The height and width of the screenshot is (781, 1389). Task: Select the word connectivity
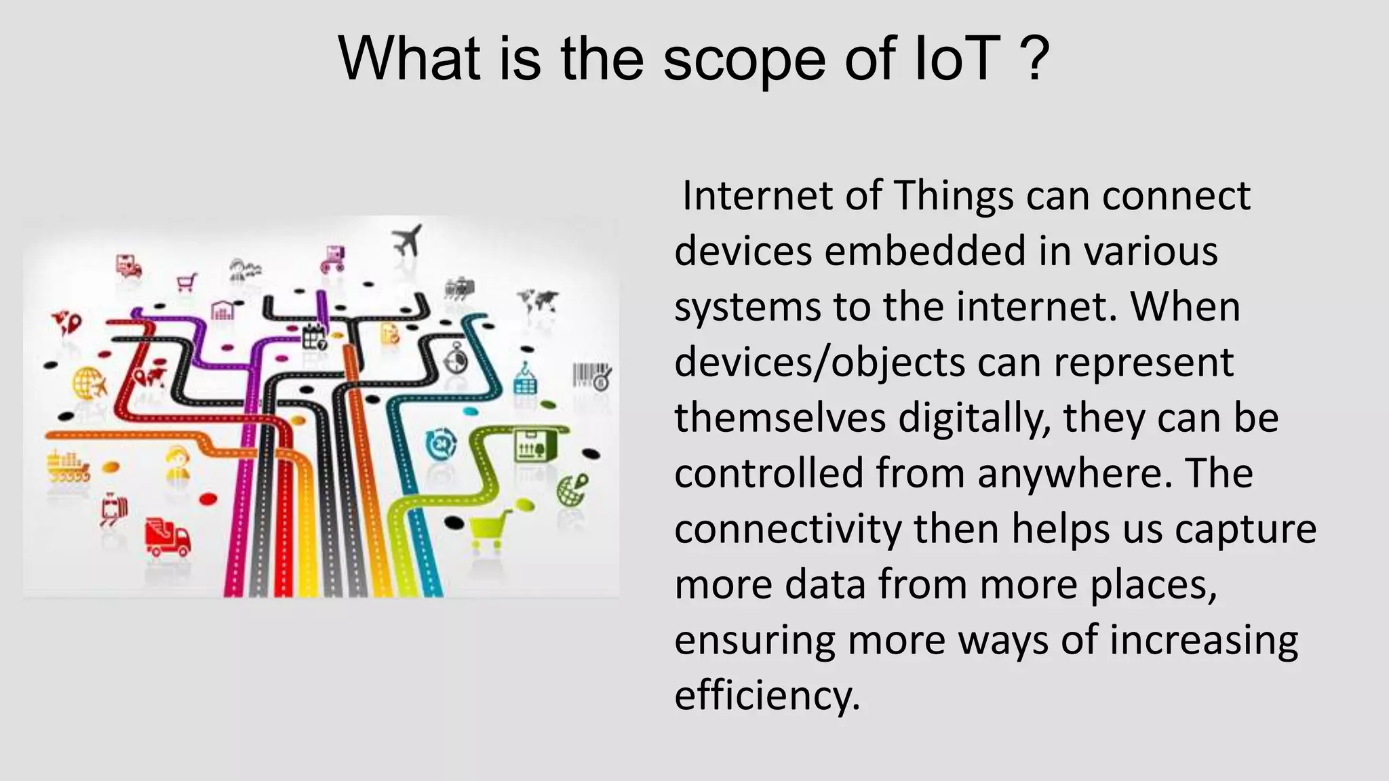(x=787, y=529)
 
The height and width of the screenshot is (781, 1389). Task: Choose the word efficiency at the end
(x=766, y=696)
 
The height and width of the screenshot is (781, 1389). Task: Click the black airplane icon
(x=408, y=240)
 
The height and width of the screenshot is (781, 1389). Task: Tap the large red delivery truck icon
(x=168, y=537)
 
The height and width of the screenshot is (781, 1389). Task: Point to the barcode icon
(x=592, y=376)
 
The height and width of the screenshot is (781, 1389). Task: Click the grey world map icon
(x=538, y=300)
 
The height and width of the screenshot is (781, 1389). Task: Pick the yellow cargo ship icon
(x=67, y=466)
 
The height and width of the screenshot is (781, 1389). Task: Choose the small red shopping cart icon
(x=187, y=281)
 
